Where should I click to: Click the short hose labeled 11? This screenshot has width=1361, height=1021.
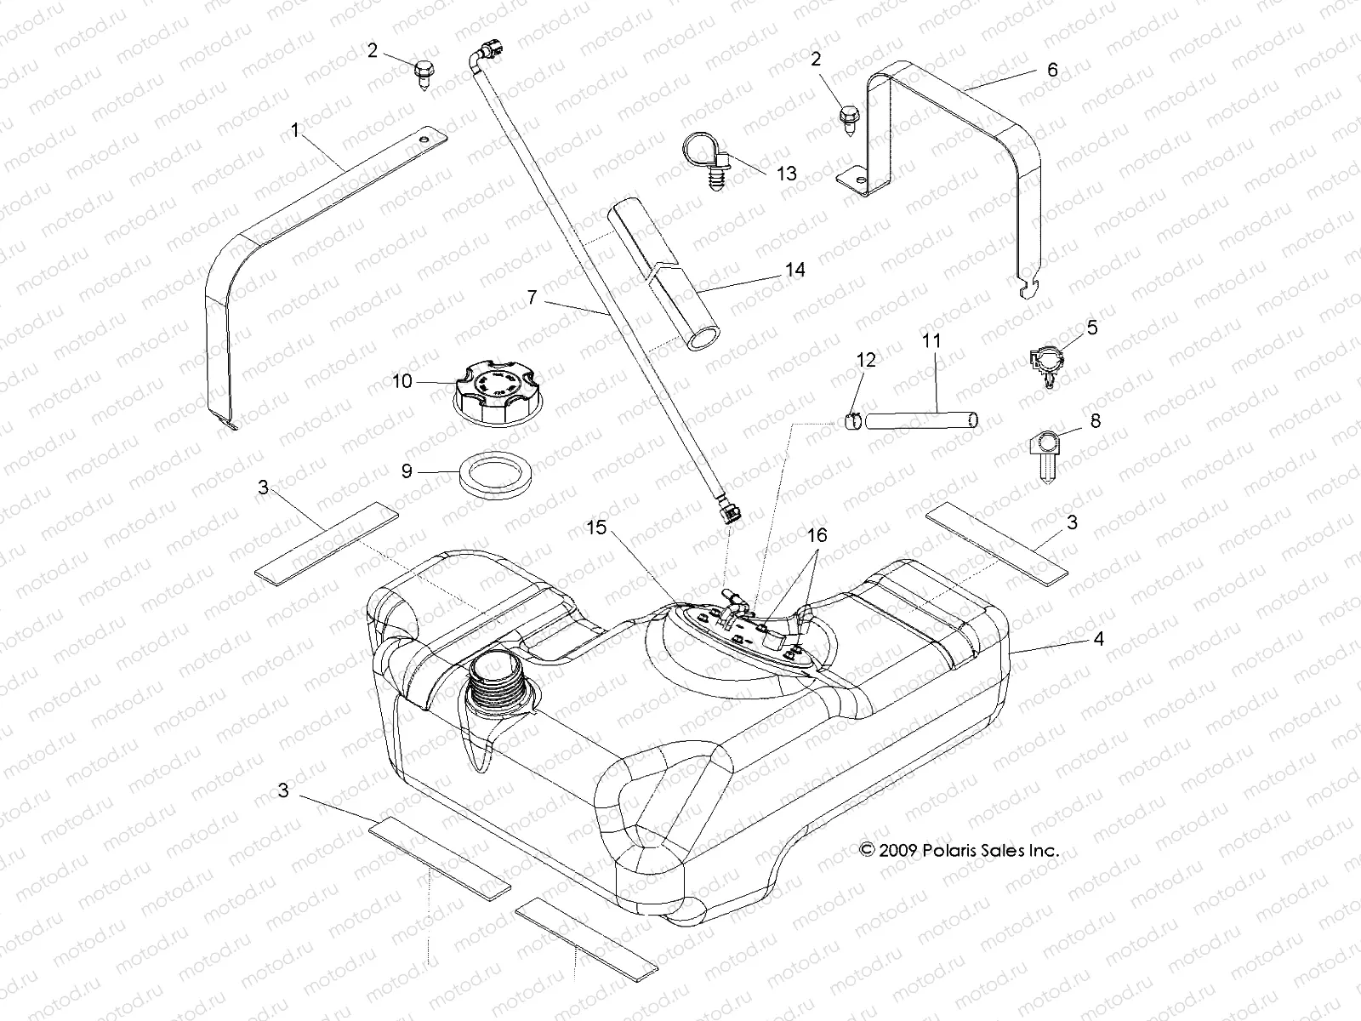(x=923, y=419)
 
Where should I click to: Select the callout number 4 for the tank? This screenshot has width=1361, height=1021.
(x=1098, y=638)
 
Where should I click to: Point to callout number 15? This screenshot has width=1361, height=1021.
(x=597, y=528)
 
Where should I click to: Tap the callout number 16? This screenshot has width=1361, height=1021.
(x=817, y=537)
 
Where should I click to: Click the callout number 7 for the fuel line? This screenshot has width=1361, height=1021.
(x=532, y=297)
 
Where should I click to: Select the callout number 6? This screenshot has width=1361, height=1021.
(x=1052, y=71)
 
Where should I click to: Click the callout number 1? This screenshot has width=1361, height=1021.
(x=295, y=130)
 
